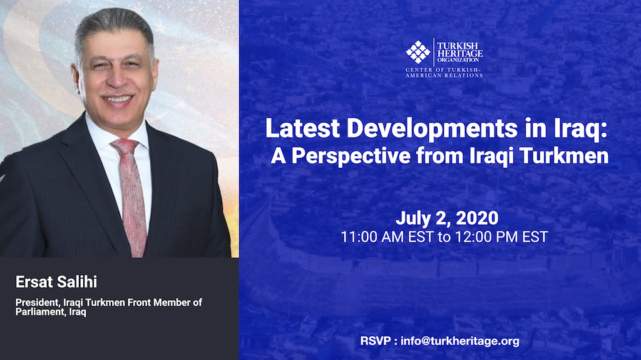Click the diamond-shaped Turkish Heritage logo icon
418,52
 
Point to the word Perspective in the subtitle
351,156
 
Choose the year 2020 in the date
477,218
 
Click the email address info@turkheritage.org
460,341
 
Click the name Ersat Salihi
56,282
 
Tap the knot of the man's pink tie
125,146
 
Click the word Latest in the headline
302,128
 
